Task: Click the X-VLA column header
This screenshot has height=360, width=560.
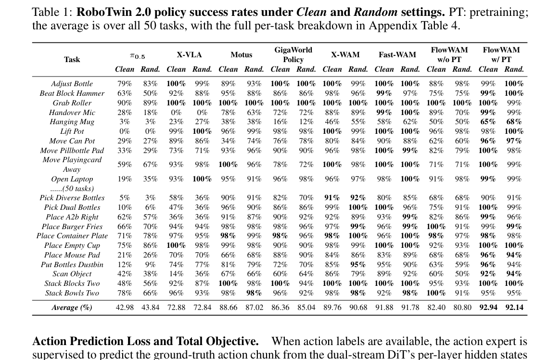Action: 189,55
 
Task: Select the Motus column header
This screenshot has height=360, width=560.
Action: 242,55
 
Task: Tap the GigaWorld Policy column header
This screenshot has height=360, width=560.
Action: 293,55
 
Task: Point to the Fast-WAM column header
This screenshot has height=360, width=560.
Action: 397,55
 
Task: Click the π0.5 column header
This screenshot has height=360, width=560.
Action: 138,56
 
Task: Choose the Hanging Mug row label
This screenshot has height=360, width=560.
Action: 72,122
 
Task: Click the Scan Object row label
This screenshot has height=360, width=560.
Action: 72,274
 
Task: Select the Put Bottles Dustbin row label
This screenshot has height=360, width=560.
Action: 72,265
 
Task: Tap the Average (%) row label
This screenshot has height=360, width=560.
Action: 72,308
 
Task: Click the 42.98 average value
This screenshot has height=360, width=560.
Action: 125,308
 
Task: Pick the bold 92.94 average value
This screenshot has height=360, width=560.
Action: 488,308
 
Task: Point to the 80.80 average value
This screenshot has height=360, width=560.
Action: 462,308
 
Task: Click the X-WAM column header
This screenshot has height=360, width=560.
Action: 345,55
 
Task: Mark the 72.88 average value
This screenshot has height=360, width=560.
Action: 177,308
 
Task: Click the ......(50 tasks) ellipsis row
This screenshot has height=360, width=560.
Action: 72,189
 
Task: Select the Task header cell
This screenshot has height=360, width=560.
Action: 72,59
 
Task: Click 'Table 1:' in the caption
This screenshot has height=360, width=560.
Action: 52,12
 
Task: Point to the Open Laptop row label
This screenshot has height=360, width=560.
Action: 72,179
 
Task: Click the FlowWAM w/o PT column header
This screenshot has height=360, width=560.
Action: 449,55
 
